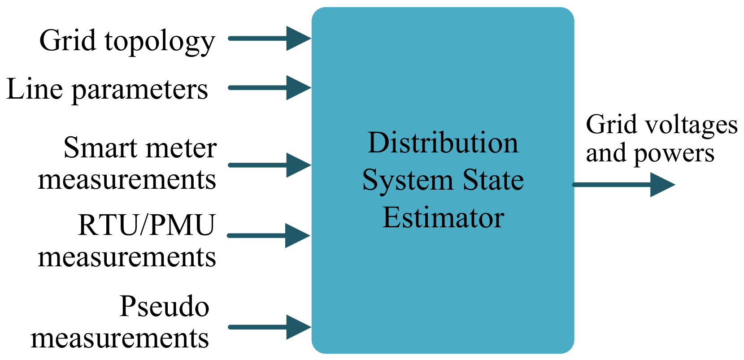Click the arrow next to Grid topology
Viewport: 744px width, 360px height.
click(x=269, y=38)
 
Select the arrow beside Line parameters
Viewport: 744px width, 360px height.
click(x=269, y=87)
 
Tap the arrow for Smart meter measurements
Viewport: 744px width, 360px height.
click(x=269, y=165)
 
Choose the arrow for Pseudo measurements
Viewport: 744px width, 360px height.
click(x=269, y=327)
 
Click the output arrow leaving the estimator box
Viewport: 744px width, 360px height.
click(x=623, y=184)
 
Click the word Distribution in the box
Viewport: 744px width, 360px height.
click(x=443, y=143)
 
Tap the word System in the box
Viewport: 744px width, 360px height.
click(x=408, y=181)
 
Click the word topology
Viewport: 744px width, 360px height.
click(x=160, y=42)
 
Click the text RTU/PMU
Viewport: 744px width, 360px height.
click(x=147, y=225)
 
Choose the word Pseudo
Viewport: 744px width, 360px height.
click(x=164, y=307)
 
